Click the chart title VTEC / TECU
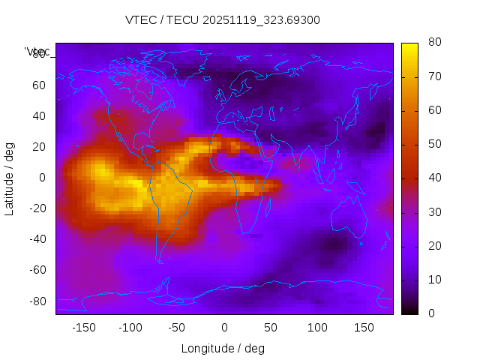(x=222, y=20)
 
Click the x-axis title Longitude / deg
(x=223, y=348)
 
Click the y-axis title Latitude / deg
(x=10, y=178)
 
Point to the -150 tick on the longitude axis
(x=84, y=328)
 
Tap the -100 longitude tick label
(x=130, y=328)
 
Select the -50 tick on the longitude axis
(x=177, y=328)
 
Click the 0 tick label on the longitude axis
(x=224, y=328)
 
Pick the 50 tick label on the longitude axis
(x=271, y=328)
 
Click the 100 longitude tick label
(x=317, y=328)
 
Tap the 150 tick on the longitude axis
(x=364, y=328)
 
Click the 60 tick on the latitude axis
(x=38, y=85)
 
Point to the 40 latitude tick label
(x=38, y=115)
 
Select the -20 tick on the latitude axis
(x=36, y=208)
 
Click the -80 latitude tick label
(x=36, y=301)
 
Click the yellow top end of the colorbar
(x=409, y=46)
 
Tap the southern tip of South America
(x=160, y=261)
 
